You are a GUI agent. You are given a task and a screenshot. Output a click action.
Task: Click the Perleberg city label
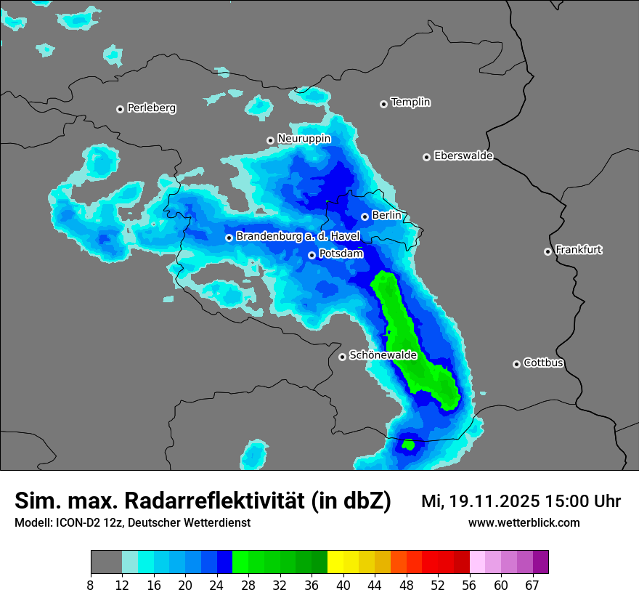(151, 108)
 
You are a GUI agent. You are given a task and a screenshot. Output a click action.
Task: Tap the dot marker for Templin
(383, 104)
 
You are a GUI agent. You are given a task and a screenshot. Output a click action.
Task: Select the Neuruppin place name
(304, 139)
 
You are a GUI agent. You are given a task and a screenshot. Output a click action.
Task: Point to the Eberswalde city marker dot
(426, 157)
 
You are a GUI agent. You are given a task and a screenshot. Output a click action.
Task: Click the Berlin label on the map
(386, 216)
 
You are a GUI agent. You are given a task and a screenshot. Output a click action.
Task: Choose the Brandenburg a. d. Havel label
(298, 237)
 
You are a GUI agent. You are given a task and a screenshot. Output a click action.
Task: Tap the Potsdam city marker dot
(312, 255)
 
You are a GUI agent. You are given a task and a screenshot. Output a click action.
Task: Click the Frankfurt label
(579, 250)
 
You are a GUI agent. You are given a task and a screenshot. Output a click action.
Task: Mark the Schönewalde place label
(383, 356)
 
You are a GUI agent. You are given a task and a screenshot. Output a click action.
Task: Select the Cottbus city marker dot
(516, 364)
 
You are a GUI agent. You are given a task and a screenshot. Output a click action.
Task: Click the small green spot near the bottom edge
(408, 444)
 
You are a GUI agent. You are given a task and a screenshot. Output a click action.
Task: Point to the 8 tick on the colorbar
(91, 585)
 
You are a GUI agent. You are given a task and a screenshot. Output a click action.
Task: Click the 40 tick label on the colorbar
(343, 585)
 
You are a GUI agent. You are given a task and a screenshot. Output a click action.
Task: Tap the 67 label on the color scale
(533, 585)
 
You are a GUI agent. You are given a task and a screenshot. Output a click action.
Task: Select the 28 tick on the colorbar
(248, 585)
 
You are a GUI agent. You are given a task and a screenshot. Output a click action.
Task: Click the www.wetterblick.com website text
(524, 523)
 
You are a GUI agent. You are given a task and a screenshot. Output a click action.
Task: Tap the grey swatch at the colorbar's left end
(106, 562)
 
